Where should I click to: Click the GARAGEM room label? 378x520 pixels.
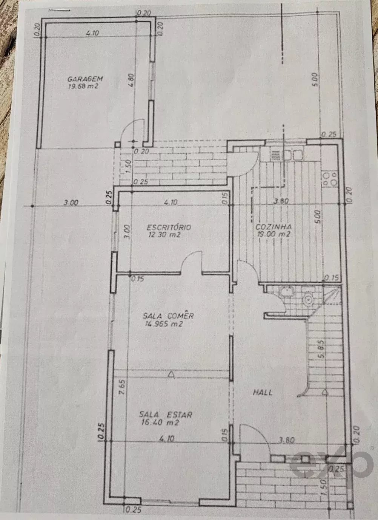pyautogui.click(x=85, y=79)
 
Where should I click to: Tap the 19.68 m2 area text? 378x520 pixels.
pyautogui.click(x=85, y=86)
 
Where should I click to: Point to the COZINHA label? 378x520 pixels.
pyautogui.click(x=274, y=227)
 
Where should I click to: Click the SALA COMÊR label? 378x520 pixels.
pyautogui.click(x=168, y=316)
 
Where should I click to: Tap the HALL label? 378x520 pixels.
pyautogui.click(x=263, y=392)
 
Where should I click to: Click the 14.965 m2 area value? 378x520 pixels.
pyautogui.click(x=164, y=324)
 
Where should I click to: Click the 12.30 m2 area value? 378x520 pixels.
pyautogui.click(x=165, y=235)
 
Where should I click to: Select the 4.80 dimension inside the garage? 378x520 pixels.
pyautogui.click(x=131, y=80)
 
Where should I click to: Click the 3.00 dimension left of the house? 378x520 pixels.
pyautogui.click(x=71, y=203)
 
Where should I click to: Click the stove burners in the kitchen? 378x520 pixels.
pyautogui.click(x=330, y=179)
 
